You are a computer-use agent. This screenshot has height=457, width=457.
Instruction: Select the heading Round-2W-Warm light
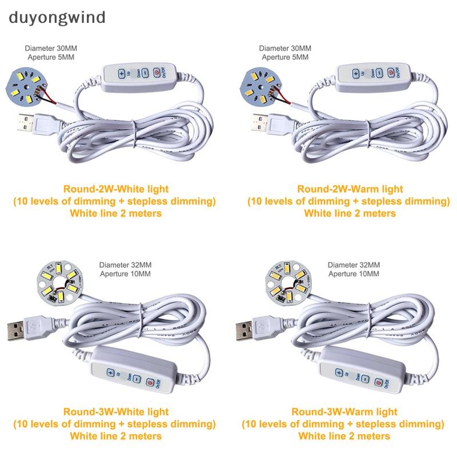tap(349, 189)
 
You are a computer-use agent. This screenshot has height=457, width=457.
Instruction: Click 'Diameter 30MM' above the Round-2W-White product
tap(51, 49)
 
